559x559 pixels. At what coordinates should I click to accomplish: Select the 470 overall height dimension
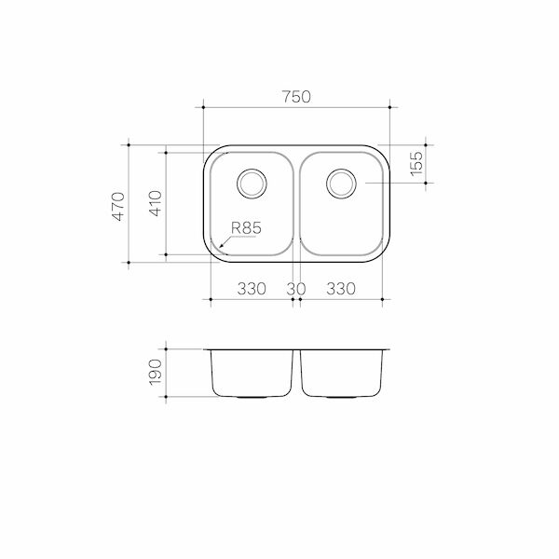pos(117,205)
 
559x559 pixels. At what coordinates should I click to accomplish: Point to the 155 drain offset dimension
pos(416,164)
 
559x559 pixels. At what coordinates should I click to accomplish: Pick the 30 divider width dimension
pos(296,289)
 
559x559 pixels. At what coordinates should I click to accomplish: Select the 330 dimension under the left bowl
pos(252,289)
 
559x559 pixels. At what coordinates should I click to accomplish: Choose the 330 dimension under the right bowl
pos(341,289)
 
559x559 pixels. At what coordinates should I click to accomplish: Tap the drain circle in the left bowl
pos(252,183)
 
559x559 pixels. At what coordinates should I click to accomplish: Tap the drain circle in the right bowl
pos(340,183)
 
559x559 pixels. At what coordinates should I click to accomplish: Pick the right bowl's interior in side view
pos(341,373)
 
